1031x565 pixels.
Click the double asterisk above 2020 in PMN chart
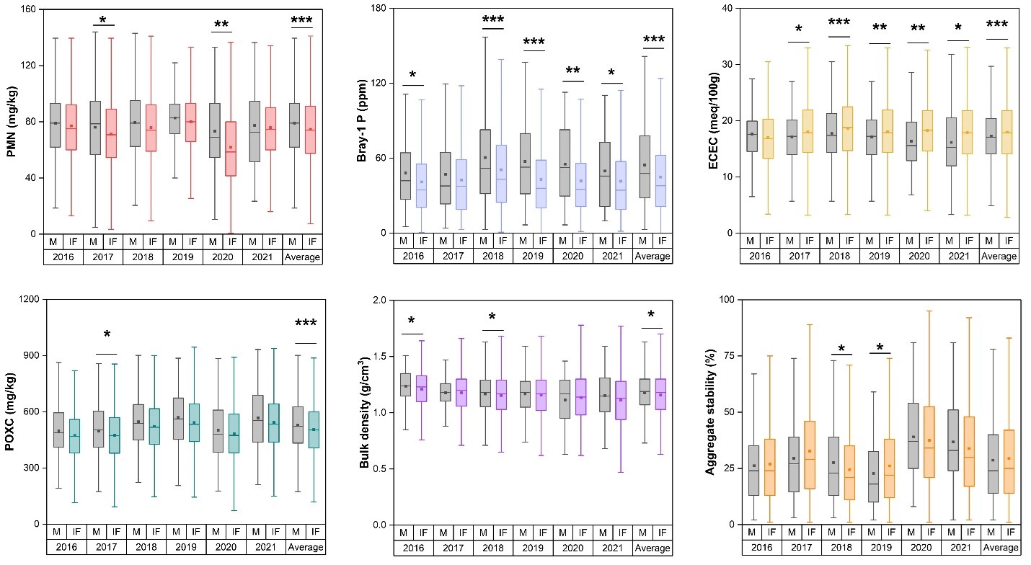click(221, 25)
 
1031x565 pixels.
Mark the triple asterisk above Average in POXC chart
click(305, 323)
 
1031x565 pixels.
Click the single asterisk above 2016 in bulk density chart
click(411, 321)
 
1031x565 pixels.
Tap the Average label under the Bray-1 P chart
click(652, 256)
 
